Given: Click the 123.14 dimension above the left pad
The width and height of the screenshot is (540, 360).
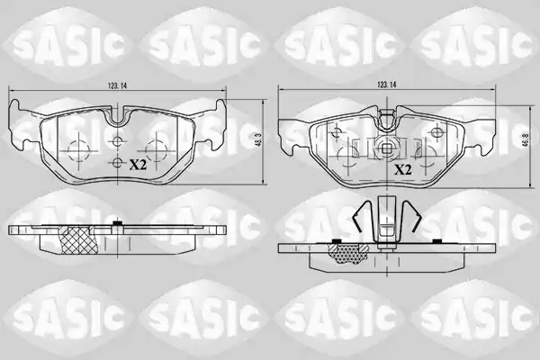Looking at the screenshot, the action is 117,85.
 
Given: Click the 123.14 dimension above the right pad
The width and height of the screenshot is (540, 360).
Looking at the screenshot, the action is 387,85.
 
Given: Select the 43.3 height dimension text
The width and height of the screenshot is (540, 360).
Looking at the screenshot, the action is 255,139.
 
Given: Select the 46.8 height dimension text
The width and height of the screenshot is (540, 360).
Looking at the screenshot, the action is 526,141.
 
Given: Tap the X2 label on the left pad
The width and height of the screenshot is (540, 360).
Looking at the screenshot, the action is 138,166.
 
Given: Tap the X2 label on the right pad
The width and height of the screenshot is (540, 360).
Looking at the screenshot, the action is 403,169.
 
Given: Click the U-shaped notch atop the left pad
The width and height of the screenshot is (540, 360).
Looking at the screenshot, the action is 117,116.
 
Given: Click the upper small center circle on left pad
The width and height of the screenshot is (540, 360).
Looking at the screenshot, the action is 117,140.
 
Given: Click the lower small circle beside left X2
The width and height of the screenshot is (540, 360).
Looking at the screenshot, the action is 117,163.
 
